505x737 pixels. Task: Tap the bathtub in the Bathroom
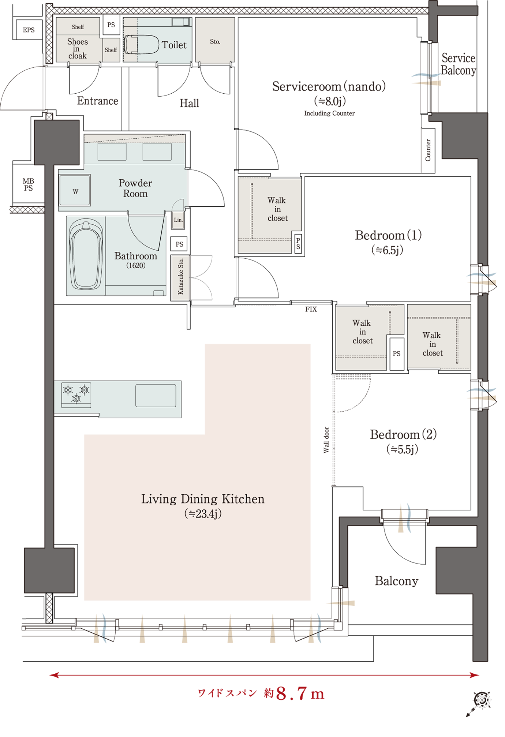click(86, 255)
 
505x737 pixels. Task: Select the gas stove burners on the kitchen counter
click(76, 394)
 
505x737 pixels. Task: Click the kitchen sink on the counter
click(156, 395)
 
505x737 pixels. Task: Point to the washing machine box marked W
click(75, 191)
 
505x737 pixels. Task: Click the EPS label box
click(29, 30)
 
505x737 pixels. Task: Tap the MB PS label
click(28, 184)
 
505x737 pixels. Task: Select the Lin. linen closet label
click(178, 220)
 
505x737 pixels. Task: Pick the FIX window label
click(311, 309)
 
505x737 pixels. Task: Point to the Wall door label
click(326, 440)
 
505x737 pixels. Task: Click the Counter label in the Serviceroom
click(428, 150)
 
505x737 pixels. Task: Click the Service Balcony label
click(459, 64)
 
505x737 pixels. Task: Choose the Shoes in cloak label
click(77, 49)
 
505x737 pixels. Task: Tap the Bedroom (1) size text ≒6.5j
click(388, 250)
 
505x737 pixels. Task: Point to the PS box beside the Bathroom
click(179, 244)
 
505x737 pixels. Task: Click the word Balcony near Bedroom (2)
click(396, 581)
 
